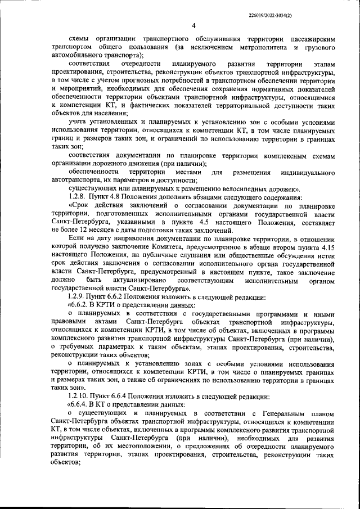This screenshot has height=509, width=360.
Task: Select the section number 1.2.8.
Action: (76, 197)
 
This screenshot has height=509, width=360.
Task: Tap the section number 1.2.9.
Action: (76, 296)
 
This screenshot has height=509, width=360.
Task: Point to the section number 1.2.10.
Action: (78, 395)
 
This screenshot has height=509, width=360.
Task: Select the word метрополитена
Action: (256, 49)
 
